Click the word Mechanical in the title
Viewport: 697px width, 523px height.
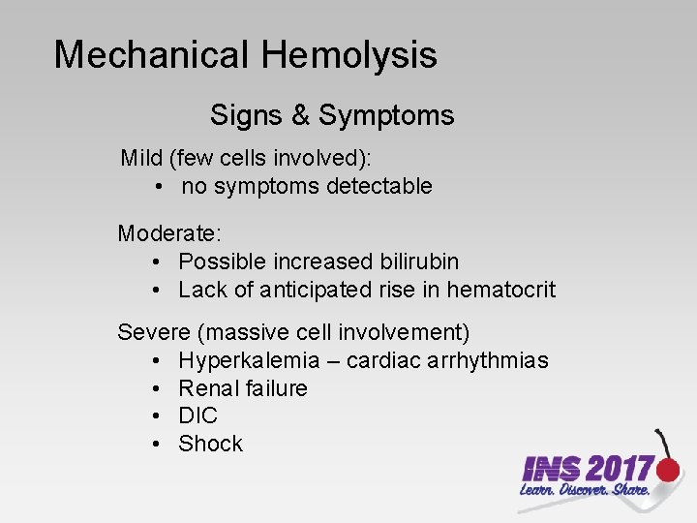point(152,55)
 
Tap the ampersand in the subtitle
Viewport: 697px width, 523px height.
point(300,116)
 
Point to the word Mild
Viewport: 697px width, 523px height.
point(140,158)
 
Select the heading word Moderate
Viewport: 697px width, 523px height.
point(169,233)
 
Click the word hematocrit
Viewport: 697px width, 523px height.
point(500,290)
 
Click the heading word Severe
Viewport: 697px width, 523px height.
point(154,332)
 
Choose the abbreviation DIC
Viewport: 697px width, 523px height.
point(198,415)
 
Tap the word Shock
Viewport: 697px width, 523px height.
point(210,444)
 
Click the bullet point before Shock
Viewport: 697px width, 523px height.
point(157,444)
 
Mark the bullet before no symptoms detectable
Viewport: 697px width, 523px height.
point(157,186)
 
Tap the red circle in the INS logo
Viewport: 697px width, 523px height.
point(667,471)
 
